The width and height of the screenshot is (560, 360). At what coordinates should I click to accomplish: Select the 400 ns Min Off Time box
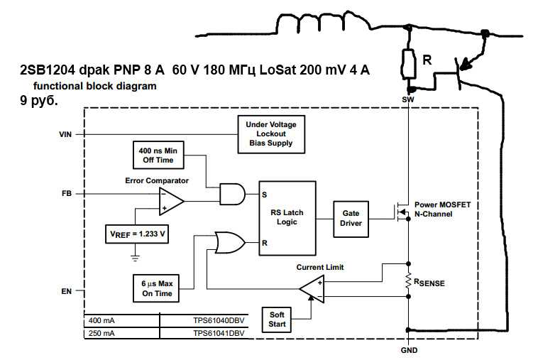pos(158,155)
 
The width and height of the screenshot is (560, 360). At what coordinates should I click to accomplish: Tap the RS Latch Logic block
pos(286,217)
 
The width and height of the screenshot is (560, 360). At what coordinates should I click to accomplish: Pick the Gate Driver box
pos(351,217)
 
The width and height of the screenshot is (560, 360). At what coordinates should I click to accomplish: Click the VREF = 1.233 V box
pos(136,233)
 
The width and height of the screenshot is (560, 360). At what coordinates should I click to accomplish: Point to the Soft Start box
pos(276,319)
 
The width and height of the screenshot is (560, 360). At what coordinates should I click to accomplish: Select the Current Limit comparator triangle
pos(312,288)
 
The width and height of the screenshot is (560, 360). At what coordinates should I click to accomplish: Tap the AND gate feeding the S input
pos(231,192)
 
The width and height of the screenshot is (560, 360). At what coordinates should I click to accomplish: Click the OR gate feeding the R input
pos(229,242)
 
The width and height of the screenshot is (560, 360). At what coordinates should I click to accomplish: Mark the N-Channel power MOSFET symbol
pos(401,210)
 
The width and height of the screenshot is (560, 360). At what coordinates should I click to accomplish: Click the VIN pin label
pos(67,133)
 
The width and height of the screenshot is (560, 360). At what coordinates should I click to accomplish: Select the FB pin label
pos(67,193)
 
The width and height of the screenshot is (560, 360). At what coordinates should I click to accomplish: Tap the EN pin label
pos(67,290)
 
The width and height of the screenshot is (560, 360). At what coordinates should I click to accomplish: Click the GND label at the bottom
pos(410,350)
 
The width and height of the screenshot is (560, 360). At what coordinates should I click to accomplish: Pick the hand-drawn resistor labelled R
pos(409,63)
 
